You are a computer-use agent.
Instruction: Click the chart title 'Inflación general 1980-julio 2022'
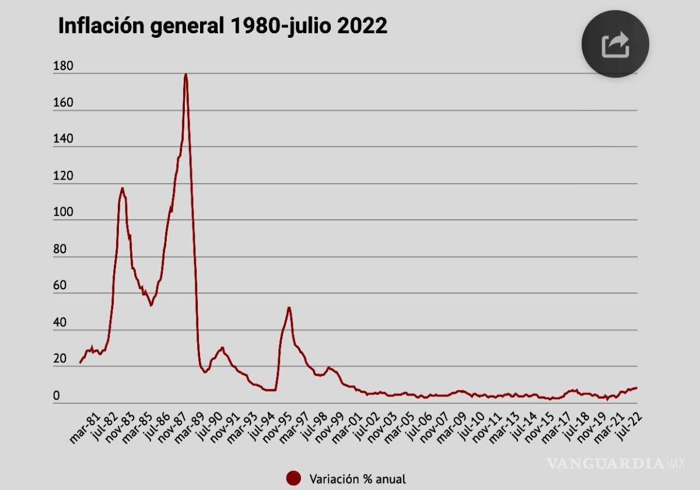point(222,26)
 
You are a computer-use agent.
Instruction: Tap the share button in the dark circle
point(615,44)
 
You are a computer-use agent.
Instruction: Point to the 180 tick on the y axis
point(62,66)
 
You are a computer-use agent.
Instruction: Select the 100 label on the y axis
point(62,213)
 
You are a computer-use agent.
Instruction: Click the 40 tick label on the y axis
point(60,323)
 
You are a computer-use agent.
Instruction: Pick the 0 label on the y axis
point(57,397)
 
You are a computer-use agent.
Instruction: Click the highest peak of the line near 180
point(185,75)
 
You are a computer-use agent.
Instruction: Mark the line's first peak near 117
point(122,188)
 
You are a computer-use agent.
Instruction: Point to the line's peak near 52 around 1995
point(289,307)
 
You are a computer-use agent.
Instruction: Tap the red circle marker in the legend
point(294,478)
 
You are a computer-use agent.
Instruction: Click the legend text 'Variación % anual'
point(357,479)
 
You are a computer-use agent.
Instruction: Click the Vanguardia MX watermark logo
point(614,464)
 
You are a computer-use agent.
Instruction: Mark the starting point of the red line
point(80,363)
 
